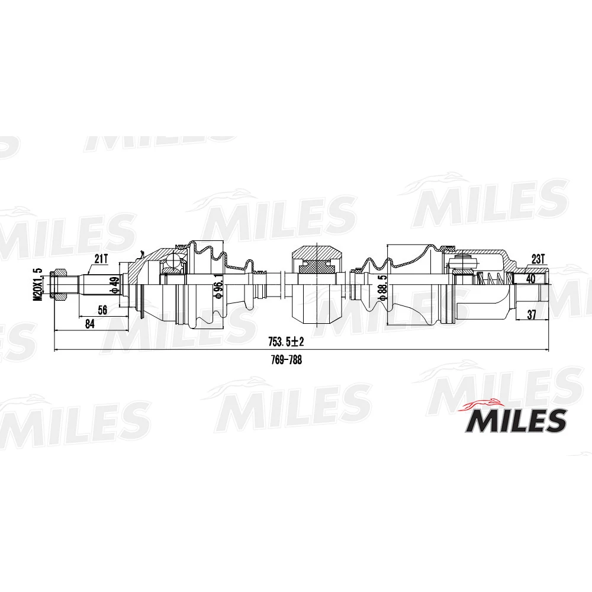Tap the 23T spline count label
(x=538, y=259)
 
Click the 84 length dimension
(x=90, y=323)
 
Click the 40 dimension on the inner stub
(x=530, y=278)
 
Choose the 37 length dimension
(x=531, y=315)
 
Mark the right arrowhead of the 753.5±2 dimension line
(x=546, y=349)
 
